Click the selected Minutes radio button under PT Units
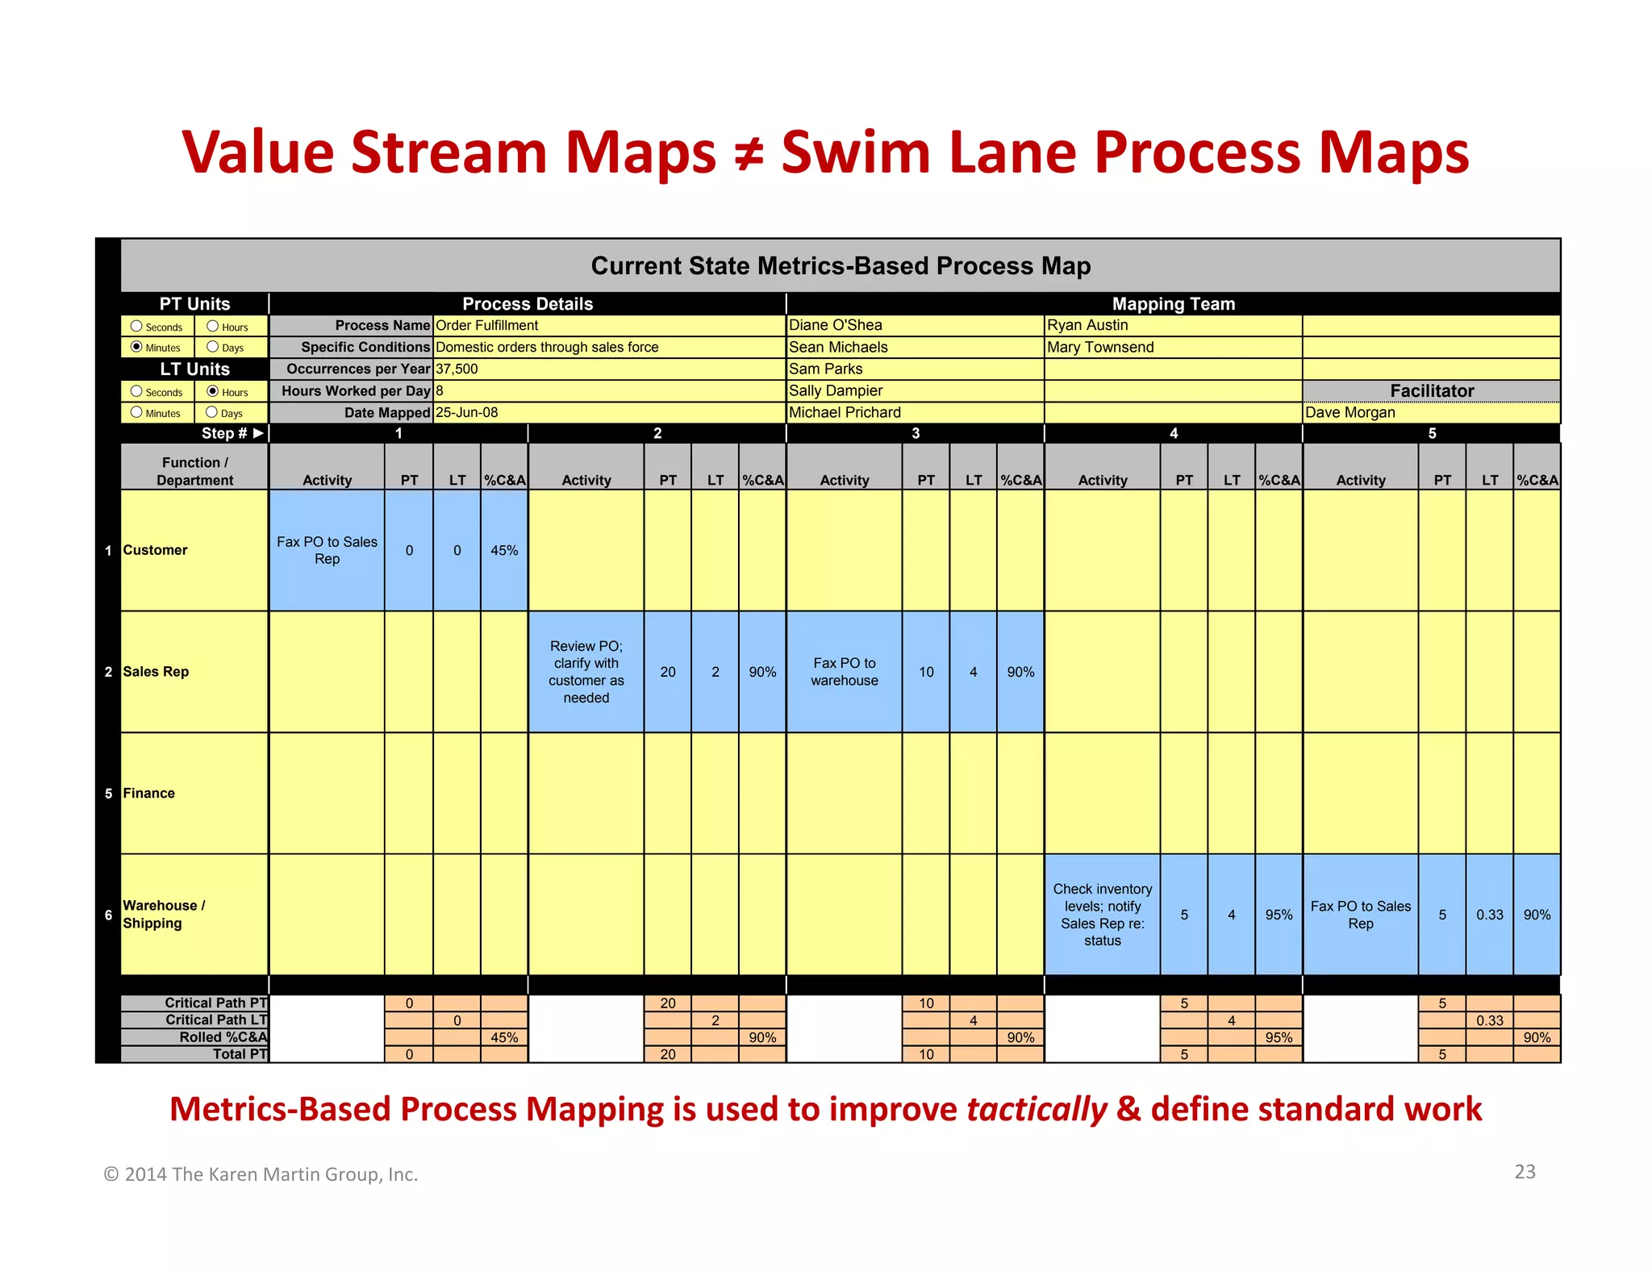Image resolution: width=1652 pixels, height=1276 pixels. coord(136,347)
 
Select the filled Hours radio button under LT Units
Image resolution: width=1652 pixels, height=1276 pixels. coord(213,391)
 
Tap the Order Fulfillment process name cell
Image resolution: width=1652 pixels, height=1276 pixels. coord(487,325)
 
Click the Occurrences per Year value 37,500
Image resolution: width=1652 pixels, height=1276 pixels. coord(457,369)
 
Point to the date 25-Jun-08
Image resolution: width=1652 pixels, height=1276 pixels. coord(467,412)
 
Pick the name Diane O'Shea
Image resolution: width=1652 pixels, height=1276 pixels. coord(836,325)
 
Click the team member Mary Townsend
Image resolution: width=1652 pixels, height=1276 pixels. coord(1100,347)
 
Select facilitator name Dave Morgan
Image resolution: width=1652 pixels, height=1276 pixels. coord(1350,412)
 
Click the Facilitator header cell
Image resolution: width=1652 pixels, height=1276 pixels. coord(1432,390)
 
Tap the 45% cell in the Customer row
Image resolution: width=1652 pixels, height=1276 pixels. coord(504,550)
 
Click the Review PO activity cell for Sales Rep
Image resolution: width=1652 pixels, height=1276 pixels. coord(586,671)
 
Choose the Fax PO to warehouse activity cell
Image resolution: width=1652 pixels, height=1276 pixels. coord(845,671)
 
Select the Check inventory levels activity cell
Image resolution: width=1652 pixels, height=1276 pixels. coord(1103,914)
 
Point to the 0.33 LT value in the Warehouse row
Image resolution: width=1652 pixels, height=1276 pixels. coord(1490,915)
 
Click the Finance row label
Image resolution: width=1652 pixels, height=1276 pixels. coord(149,793)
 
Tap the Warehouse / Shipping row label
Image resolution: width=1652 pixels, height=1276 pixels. coord(164,914)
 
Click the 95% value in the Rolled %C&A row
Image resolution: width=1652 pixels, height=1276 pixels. coord(1279,1037)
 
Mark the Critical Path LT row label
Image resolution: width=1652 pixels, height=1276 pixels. coord(216,1020)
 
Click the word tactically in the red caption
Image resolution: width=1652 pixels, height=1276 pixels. coord(1037,1109)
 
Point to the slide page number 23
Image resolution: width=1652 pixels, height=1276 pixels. coord(1525,1171)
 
